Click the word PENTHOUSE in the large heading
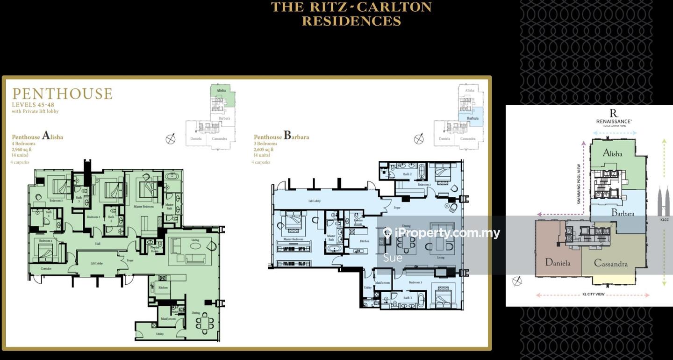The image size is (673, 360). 62,94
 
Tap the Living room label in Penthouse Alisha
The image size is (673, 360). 195,240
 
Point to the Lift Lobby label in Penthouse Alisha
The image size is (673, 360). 97,263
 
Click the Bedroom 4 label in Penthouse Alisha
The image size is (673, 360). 45,241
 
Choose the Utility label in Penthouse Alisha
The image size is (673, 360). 160,334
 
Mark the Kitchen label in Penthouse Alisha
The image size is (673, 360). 163,288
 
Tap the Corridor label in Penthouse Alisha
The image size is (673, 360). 46,269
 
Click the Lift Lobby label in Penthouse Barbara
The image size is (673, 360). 314,201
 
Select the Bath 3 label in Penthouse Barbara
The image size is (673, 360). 407,298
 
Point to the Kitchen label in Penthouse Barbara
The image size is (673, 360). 365,241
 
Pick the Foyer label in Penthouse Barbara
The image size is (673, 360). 397,208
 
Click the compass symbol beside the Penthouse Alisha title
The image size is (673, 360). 171,139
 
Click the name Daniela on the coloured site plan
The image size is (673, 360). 558,263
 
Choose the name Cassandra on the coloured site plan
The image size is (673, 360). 610,263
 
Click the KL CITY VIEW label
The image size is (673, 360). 593,295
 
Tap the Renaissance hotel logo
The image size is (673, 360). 614,115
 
